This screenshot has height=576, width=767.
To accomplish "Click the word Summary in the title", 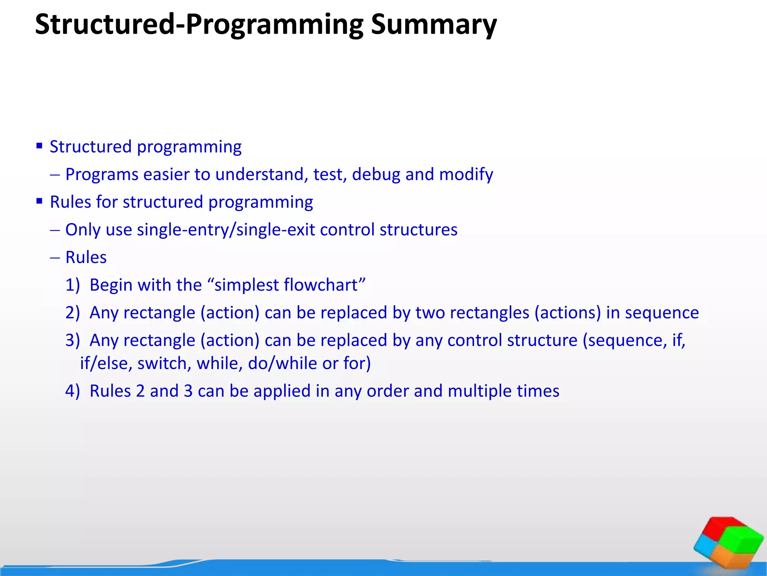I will click(x=434, y=25).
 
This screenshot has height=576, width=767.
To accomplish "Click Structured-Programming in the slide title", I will click(x=199, y=25).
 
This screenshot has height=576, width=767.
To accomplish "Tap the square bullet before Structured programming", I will click(x=39, y=146).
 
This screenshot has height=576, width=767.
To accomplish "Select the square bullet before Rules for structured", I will click(x=39, y=201).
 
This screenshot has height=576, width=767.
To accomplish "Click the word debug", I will click(x=376, y=174).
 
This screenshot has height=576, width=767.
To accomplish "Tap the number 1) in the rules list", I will click(x=73, y=285).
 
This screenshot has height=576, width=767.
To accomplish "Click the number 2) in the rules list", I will click(x=73, y=313).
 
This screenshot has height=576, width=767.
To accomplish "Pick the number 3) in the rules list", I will click(x=73, y=340).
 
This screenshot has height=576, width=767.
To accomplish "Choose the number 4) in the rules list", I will click(x=73, y=391).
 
